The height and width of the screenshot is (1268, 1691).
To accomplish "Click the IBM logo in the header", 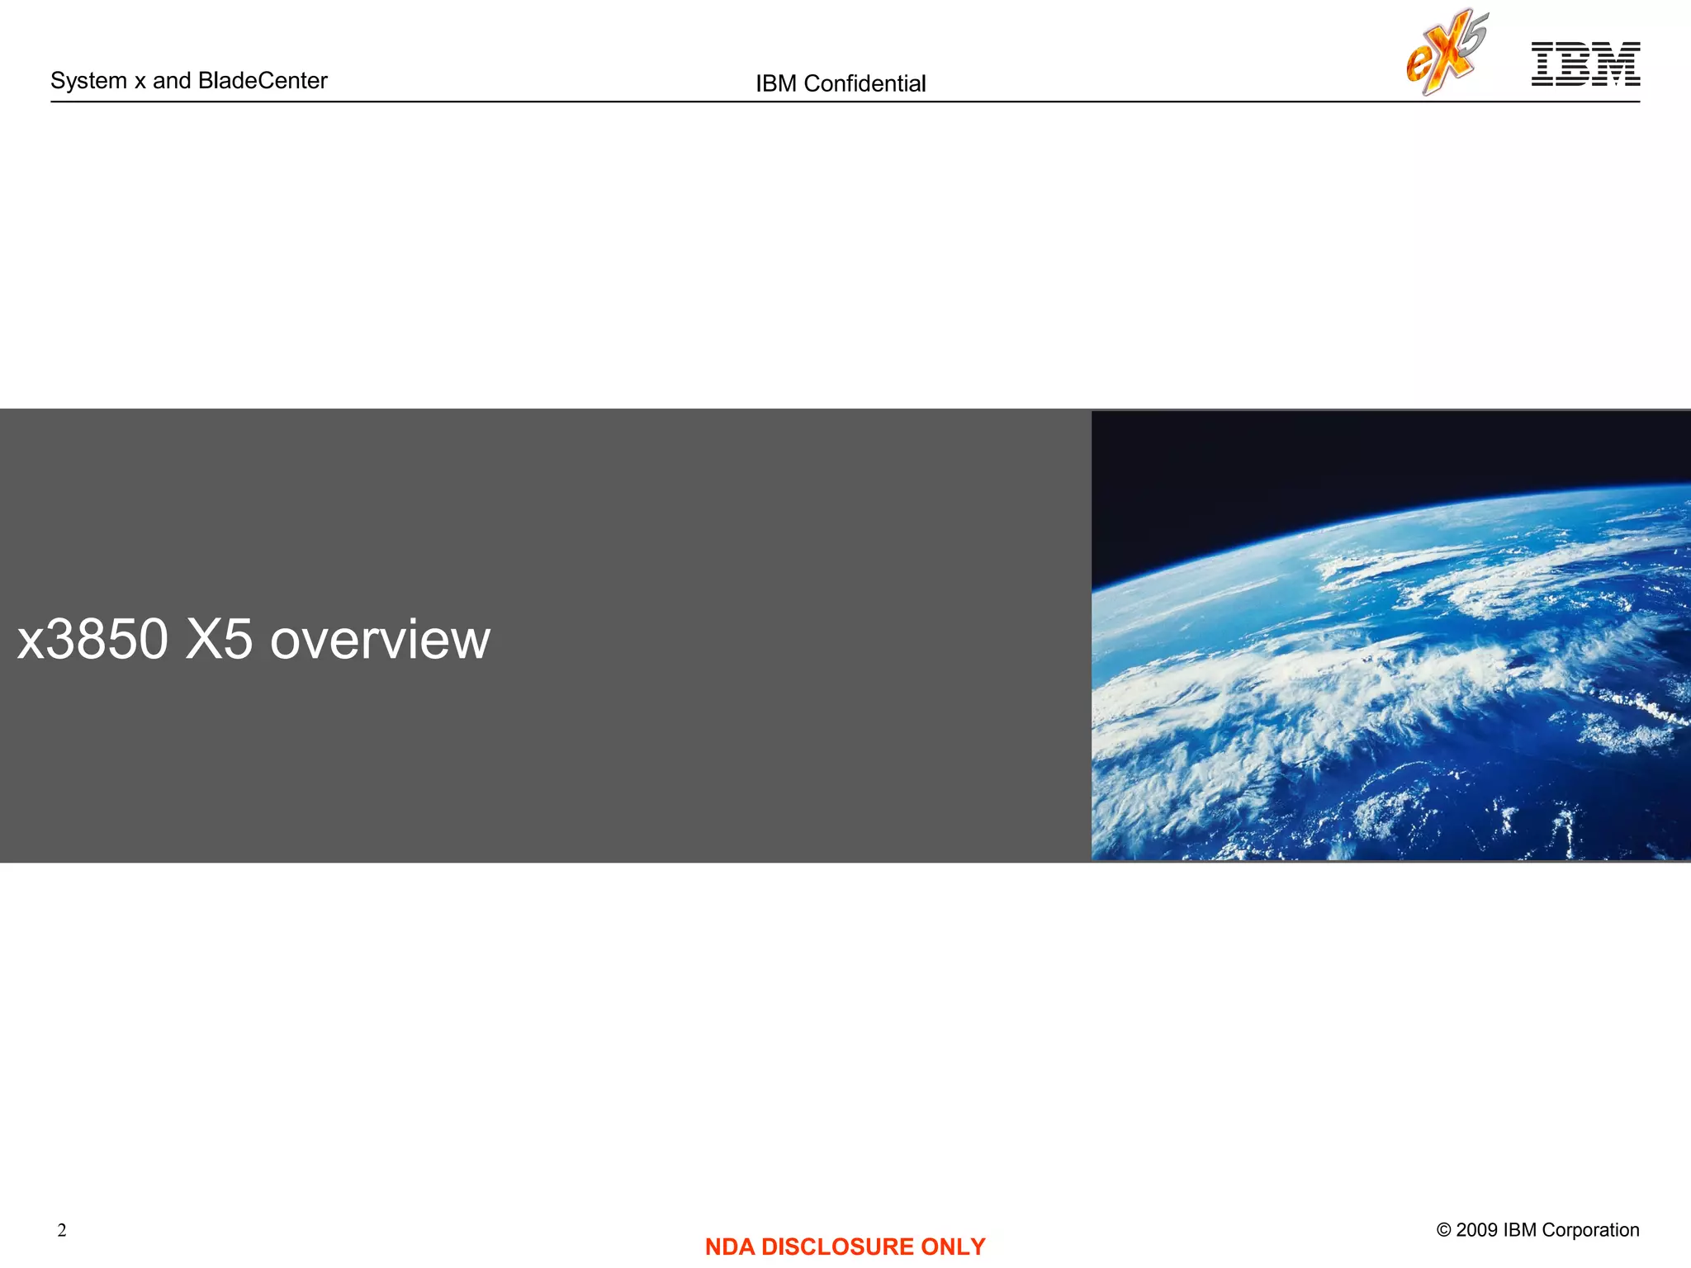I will pos(1585,64).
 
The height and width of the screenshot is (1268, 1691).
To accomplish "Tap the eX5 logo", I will pos(1447,52).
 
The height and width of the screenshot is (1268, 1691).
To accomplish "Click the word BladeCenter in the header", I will pos(263,80).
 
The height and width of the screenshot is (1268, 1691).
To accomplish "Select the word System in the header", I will pos(88,81).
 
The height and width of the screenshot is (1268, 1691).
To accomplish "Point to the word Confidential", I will pos(864,83).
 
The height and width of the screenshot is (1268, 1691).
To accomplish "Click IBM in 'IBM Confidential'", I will pos(775,83).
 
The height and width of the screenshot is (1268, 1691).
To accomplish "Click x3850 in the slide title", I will pos(92,640).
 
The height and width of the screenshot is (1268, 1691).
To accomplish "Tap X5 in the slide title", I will pos(219,640).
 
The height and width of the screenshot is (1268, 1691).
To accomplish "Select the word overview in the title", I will pos(380,641).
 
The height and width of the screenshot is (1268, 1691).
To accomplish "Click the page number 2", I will pos(62,1230).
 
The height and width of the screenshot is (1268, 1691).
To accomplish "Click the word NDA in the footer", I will pos(729,1247).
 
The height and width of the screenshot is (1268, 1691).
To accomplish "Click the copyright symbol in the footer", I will pos(1443,1230).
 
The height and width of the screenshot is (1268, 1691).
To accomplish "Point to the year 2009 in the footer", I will pos(1476,1230).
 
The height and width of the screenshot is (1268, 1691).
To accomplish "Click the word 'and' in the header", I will pos(172,81).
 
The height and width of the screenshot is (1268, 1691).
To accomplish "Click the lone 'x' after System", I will pos(140,82).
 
